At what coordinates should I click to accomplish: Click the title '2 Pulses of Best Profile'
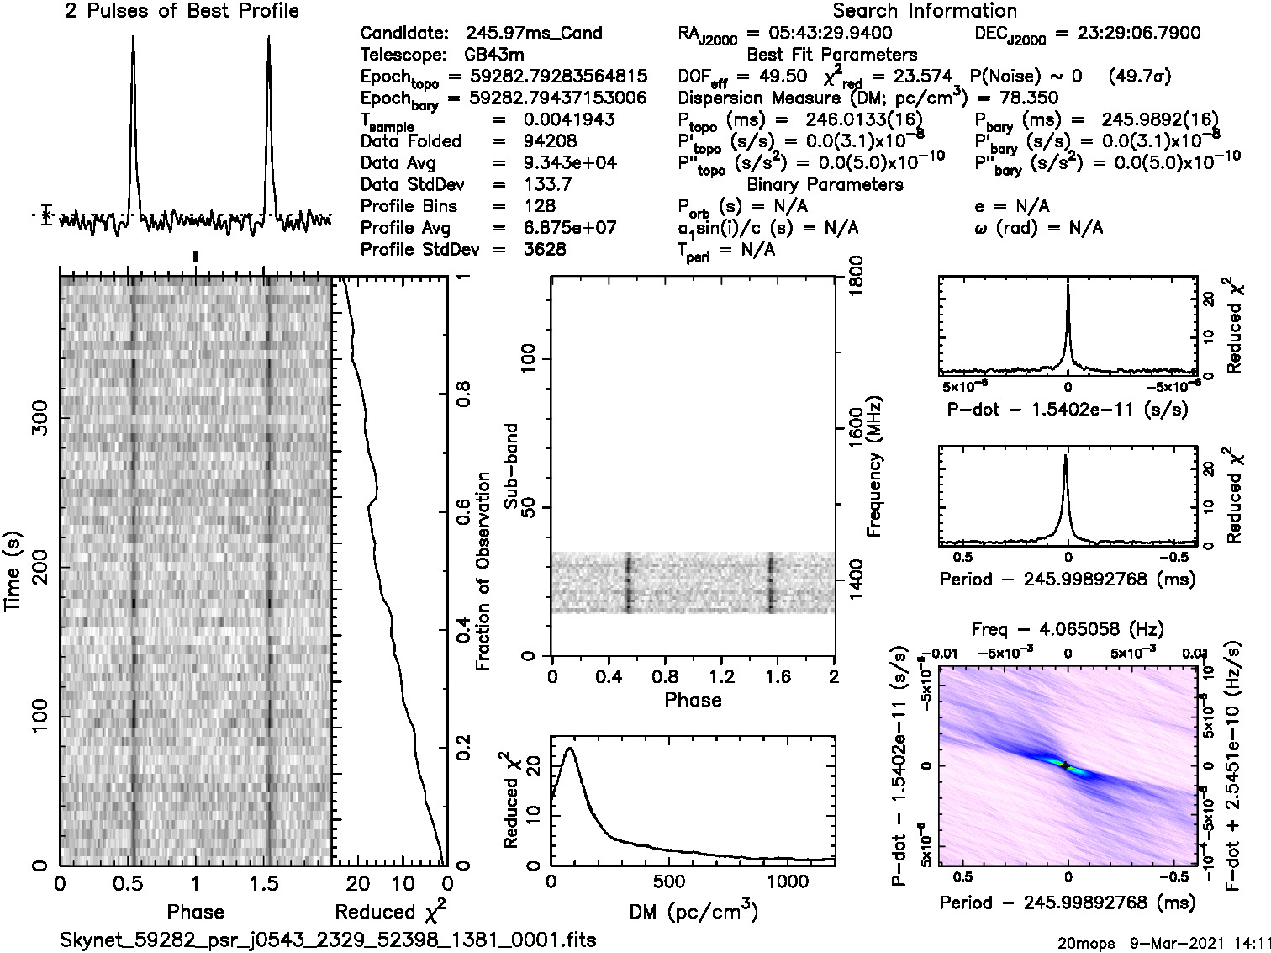coord(182,11)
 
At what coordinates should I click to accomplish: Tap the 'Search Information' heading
coord(925,11)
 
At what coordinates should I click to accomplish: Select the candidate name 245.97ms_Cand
coord(534,34)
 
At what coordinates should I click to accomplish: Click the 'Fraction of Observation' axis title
coord(483,571)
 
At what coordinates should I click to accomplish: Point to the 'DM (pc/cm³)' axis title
coord(693,911)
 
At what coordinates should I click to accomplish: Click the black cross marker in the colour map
coord(1065,765)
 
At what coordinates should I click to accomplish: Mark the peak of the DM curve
coord(571,748)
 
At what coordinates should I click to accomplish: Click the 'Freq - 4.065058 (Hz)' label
coord(1068,629)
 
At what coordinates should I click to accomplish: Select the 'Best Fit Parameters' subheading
coord(832,56)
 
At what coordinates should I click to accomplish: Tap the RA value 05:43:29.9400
coord(820,34)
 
